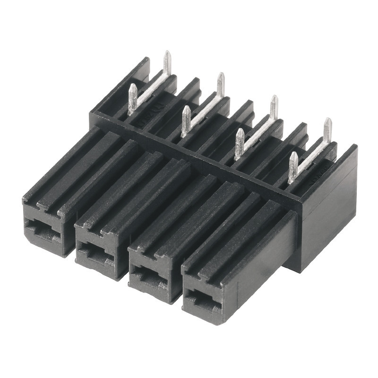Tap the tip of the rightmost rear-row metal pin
click(x=327, y=121)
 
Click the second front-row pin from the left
click(x=186, y=120)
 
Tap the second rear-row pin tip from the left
click(x=221, y=76)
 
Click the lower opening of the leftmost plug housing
click(x=43, y=230)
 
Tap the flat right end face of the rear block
click(x=331, y=208)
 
